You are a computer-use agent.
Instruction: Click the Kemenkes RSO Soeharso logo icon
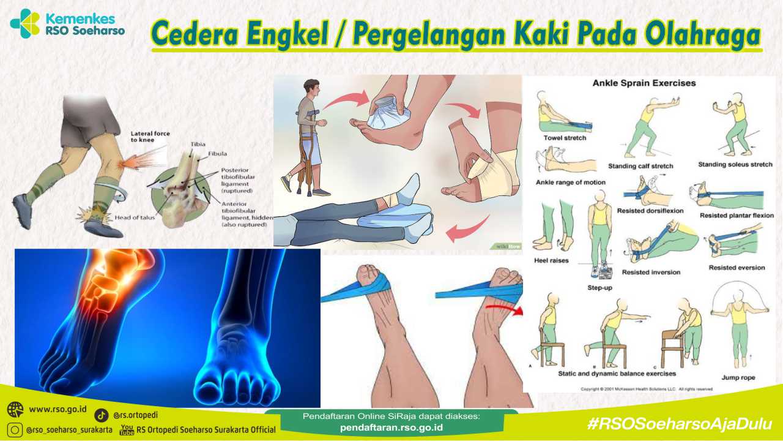coord(25,23)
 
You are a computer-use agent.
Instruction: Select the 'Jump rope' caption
coord(739,377)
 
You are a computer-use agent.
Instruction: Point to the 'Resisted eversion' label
coord(737,268)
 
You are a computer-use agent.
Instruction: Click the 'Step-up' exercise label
coord(600,287)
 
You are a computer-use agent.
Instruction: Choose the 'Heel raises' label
coord(551,260)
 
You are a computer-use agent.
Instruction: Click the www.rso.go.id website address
coord(58,409)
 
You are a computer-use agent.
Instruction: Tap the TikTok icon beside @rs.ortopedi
coord(102,416)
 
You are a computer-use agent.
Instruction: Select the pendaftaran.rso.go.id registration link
coord(391,428)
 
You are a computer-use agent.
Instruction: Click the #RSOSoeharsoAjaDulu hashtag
coord(679,423)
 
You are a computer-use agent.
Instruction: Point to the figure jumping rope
coord(739,325)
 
